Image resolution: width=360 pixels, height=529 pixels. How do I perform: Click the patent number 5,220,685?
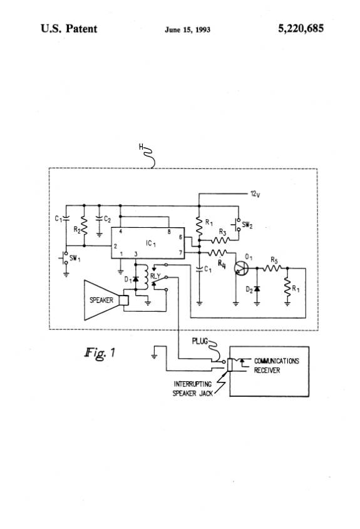click(301, 29)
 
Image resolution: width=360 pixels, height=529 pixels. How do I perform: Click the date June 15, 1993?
click(187, 29)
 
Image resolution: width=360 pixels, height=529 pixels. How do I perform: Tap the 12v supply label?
click(255, 194)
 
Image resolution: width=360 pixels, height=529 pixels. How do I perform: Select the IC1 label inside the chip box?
click(151, 244)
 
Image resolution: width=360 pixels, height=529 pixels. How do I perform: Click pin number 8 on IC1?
click(169, 232)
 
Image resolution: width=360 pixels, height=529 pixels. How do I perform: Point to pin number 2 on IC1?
click(115, 246)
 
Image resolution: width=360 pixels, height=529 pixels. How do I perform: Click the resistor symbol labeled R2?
click(84, 226)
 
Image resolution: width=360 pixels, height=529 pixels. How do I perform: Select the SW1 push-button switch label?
click(75, 259)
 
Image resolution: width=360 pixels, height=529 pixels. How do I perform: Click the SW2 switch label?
click(247, 225)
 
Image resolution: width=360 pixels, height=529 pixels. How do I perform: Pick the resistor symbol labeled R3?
click(220, 240)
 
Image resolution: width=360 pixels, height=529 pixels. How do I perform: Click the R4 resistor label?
click(222, 264)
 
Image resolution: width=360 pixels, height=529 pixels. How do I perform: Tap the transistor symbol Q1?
click(241, 268)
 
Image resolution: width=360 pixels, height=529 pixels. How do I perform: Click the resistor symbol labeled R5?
click(272, 268)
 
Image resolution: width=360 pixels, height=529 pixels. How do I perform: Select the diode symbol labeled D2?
click(257, 289)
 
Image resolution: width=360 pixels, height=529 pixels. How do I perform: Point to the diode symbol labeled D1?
click(136, 279)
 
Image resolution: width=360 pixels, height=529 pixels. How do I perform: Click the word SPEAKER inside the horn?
click(101, 300)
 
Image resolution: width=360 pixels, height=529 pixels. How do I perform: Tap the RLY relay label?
click(155, 276)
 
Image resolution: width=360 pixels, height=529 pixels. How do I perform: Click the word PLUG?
click(200, 341)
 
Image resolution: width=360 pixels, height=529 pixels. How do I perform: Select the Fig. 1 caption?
click(100, 352)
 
